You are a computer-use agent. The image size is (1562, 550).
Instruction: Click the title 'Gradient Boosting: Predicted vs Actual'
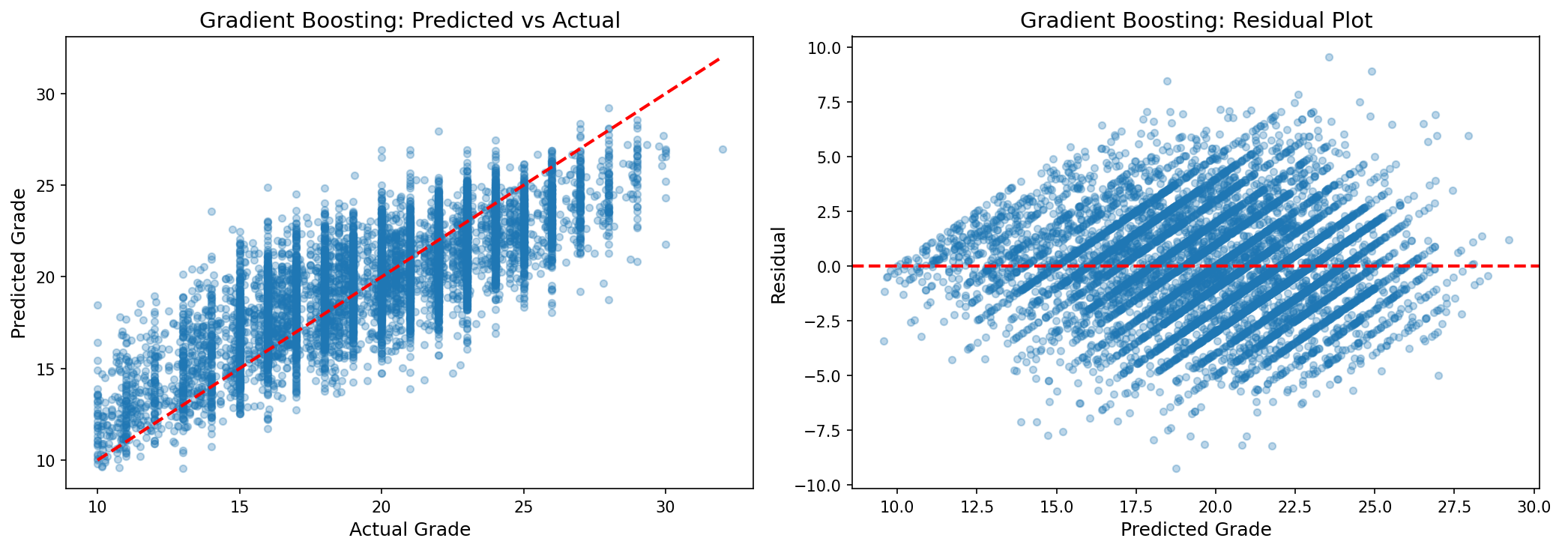(x=409, y=20)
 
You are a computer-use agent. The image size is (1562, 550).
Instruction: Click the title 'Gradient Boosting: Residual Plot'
(x=1195, y=20)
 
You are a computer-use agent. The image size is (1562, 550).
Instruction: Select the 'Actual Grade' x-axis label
(x=409, y=530)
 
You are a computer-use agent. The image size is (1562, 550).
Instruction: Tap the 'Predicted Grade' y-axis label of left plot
(x=19, y=263)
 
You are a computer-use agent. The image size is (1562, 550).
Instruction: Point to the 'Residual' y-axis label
(x=779, y=265)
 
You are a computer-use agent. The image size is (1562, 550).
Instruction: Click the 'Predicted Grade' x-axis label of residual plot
(x=1195, y=530)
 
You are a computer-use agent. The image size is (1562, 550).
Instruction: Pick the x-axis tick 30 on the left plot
(x=665, y=507)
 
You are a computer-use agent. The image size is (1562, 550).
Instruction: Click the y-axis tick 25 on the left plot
(x=46, y=186)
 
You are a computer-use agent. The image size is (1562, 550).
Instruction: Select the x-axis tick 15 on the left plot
(x=239, y=507)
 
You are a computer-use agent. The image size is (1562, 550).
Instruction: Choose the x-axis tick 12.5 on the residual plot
(x=977, y=507)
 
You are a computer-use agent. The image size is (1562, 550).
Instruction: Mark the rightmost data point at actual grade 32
(x=723, y=149)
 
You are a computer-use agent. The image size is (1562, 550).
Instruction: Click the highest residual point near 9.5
(x=1329, y=57)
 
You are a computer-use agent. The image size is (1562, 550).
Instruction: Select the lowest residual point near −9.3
(x=1176, y=468)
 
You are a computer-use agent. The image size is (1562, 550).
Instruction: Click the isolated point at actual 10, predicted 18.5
(x=97, y=305)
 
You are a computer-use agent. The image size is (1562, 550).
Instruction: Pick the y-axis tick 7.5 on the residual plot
(x=830, y=103)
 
